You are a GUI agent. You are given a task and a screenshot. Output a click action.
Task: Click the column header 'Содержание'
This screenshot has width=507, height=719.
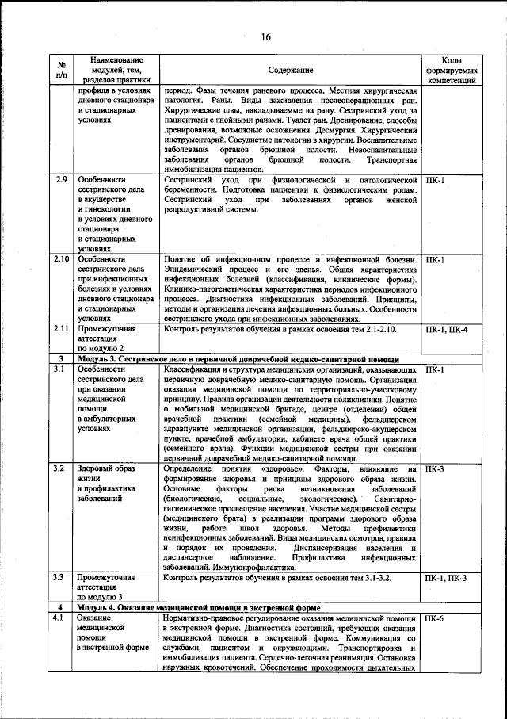pyautogui.click(x=289, y=71)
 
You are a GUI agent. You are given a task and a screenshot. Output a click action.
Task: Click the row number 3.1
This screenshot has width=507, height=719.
pyautogui.click(x=59, y=369)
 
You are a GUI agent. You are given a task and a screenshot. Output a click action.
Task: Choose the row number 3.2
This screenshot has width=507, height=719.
pyautogui.click(x=59, y=469)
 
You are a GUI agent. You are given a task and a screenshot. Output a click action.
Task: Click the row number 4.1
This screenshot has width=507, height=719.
pyautogui.click(x=59, y=618)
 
